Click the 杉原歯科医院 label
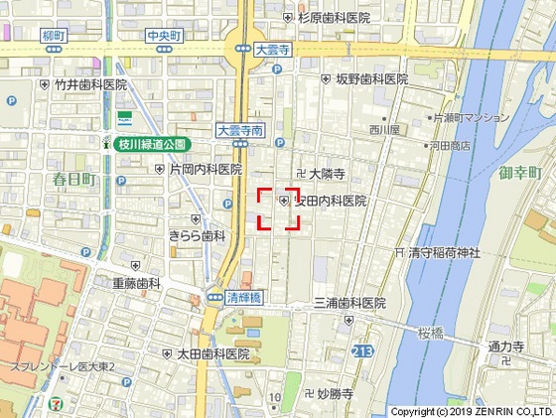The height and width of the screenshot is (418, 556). pos(334,17)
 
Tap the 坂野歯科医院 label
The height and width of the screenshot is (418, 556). pos(371,78)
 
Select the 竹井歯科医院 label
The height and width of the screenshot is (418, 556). pos(91,85)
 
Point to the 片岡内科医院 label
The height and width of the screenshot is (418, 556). pos(206,170)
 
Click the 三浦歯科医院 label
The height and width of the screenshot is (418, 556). pos(348,303)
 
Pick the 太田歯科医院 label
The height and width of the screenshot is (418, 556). pos(212,353)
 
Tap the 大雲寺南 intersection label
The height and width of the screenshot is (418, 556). pos(240,129)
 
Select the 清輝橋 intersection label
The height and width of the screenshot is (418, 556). pos(242,297)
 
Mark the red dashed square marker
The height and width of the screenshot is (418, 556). pos(279,209)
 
